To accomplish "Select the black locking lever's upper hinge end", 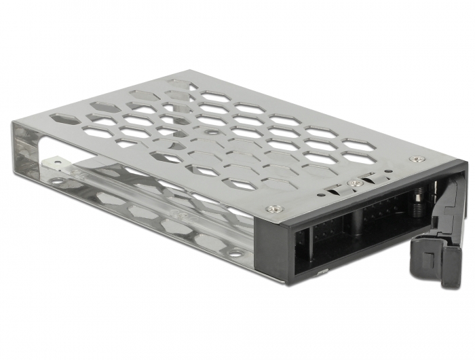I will click(461, 178).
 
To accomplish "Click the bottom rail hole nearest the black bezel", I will click(234, 253).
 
